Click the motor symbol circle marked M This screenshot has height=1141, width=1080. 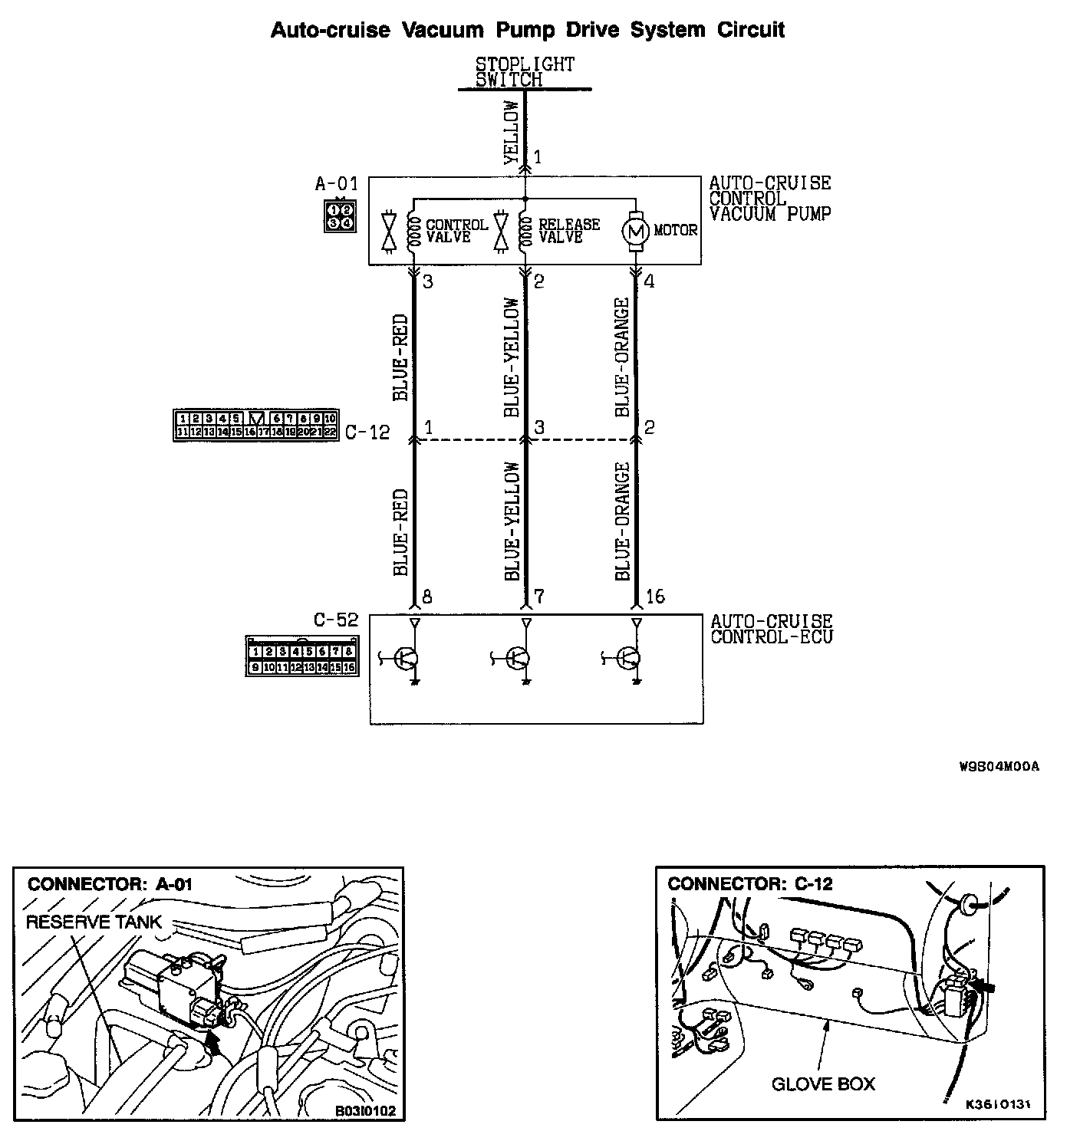[x=635, y=230]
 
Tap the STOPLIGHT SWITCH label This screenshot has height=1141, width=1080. [x=525, y=72]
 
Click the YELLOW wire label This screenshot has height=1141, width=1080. [x=512, y=133]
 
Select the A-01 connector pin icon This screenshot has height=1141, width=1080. [x=340, y=215]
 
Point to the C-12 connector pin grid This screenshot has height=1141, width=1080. [x=256, y=425]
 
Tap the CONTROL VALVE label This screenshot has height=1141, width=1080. [x=456, y=231]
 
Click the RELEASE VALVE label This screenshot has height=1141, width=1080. [x=569, y=231]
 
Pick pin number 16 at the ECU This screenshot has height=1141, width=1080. [x=655, y=597]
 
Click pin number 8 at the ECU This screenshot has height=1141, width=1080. [x=427, y=597]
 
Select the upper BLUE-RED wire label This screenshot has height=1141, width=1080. [x=400, y=357]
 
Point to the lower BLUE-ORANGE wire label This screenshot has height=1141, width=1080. [x=623, y=521]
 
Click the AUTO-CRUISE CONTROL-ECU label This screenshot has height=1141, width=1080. [x=771, y=629]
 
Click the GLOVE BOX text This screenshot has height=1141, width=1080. [x=823, y=1083]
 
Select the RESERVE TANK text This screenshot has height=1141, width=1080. [x=94, y=922]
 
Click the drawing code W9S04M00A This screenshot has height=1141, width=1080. [x=999, y=766]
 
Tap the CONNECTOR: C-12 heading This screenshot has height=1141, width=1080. [x=749, y=883]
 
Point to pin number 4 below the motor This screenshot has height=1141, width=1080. [x=650, y=281]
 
